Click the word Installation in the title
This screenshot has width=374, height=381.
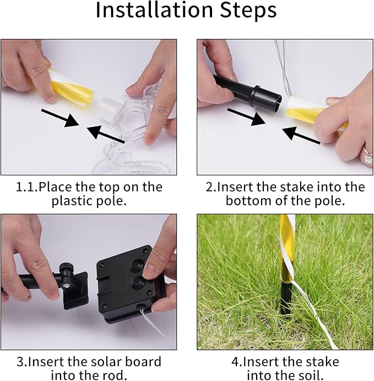(x=154, y=10)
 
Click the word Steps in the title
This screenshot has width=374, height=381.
(x=248, y=12)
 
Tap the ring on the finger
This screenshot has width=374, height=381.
(x=368, y=157)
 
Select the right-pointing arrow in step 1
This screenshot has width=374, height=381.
(x=60, y=118)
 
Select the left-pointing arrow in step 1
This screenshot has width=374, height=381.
(x=105, y=134)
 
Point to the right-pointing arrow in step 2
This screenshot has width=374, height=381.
(x=246, y=117)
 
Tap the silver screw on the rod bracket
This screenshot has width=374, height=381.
(x=66, y=286)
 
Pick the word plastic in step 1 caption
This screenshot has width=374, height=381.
(x=72, y=201)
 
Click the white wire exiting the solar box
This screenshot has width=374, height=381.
(x=153, y=323)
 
